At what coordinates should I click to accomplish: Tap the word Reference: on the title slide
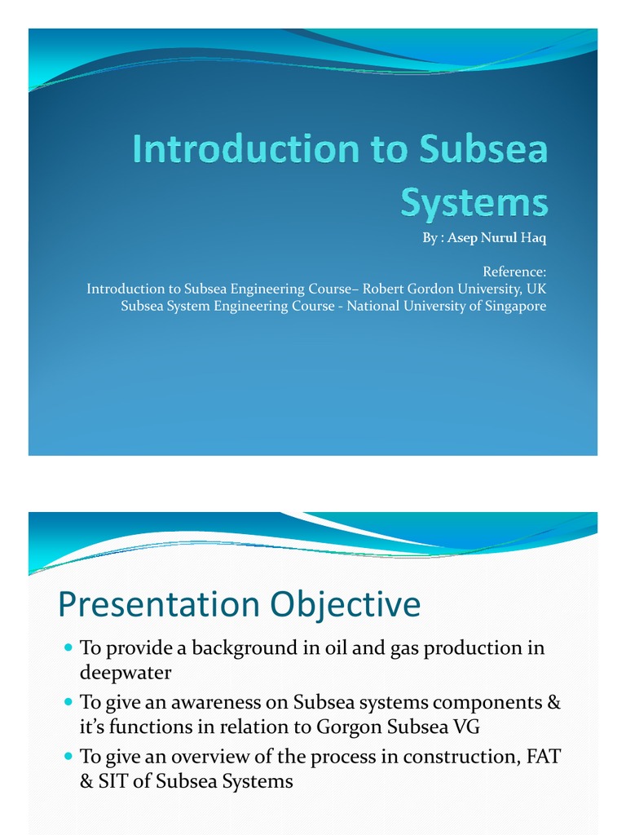(514, 272)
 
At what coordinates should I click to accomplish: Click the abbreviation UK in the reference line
(536, 289)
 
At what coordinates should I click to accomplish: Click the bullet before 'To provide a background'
(68, 647)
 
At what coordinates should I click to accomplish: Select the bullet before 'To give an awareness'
(68, 701)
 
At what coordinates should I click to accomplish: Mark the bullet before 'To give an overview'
(68, 755)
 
